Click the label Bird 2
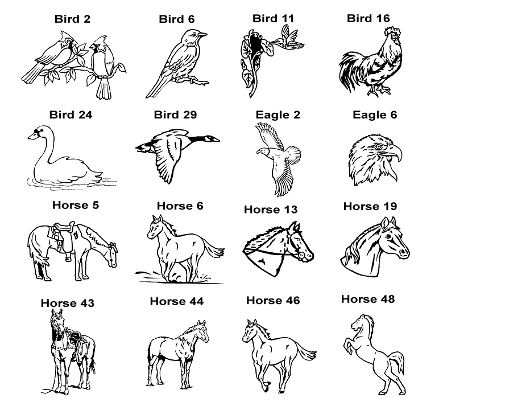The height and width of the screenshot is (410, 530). point(72,19)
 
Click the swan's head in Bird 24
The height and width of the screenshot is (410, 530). point(40,133)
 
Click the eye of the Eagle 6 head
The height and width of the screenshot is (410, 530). point(378,146)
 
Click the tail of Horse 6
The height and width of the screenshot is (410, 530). point(212,249)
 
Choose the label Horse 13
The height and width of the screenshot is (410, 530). point(271,210)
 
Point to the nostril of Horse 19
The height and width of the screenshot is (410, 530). point(404,252)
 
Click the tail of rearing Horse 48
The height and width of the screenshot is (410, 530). point(397,362)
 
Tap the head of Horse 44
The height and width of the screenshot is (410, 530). point(202,330)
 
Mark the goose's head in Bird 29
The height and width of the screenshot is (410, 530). point(212,138)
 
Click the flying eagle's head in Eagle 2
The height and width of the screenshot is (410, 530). point(261,151)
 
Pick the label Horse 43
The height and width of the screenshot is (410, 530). point(68,303)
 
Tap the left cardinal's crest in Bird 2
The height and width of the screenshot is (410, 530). point(63,35)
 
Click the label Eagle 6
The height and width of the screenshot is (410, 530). point(375,115)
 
